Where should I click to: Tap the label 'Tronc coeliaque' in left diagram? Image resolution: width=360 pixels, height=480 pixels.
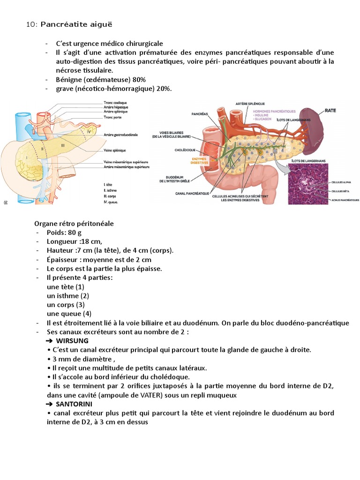tap(115, 102)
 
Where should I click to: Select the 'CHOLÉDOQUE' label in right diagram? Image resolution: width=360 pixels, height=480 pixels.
tap(180, 151)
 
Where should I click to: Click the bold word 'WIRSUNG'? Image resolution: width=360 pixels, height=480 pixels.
tap(72, 340)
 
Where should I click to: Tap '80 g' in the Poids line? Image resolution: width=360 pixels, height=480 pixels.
tap(75, 232)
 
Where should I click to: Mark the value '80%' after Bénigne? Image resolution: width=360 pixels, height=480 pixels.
tap(139, 79)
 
